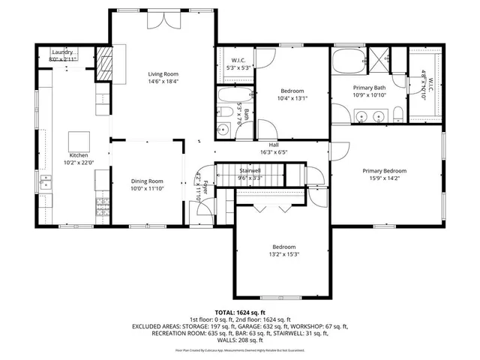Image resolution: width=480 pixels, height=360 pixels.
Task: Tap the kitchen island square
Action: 79,141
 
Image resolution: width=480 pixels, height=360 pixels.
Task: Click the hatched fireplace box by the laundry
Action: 104,65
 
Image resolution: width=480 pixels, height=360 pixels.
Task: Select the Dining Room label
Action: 147,181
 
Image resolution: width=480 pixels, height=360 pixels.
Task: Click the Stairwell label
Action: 249,172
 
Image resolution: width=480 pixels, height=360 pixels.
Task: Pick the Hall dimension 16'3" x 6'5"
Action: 274,152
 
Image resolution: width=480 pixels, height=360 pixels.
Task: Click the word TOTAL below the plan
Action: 225,312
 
